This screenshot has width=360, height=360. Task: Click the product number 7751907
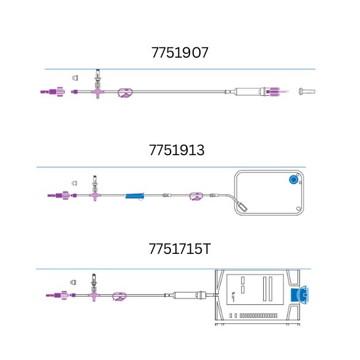[180, 53]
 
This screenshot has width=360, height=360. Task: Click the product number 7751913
[177, 151]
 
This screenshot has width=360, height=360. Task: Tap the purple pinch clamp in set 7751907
[125, 93]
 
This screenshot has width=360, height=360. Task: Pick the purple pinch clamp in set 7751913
[196, 196]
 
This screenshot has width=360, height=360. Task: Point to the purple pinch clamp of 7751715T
[120, 297]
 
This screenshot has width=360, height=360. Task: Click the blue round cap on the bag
[293, 180]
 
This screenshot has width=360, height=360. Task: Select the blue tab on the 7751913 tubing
[135, 196]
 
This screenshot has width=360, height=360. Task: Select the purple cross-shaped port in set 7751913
[95, 196]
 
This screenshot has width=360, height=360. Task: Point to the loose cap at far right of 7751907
[305, 92]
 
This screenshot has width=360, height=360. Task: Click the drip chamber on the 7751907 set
[248, 92]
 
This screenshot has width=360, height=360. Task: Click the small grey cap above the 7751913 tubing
[75, 183]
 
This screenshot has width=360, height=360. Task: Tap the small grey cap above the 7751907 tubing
[75, 78]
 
